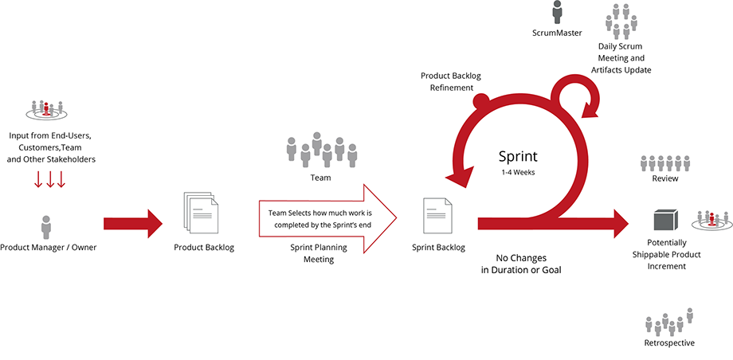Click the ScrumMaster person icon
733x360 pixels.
click(x=557, y=12)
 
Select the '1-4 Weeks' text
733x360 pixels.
click(x=517, y=172)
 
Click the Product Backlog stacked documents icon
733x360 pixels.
click(x=199, y=213)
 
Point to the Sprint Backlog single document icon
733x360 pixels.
click(x=438, y=215)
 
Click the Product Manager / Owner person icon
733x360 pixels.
click(x=46, y=227)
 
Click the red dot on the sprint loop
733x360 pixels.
click(x=481, y=101)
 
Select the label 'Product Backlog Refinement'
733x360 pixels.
click(x=451, y=81)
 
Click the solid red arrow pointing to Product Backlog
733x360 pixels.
click(x=133, y=224)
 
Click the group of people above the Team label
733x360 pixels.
click(x=321, y=150)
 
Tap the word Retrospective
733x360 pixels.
click(x=669, y=342)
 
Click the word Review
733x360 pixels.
click(x=665, y=178)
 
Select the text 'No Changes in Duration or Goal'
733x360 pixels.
click(x=521, y=264)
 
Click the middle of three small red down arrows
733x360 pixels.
click(x=50, y=180)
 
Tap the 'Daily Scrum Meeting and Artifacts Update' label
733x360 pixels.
click(x=621, y=58)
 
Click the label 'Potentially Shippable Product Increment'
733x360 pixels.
click(x=667, y=254)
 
